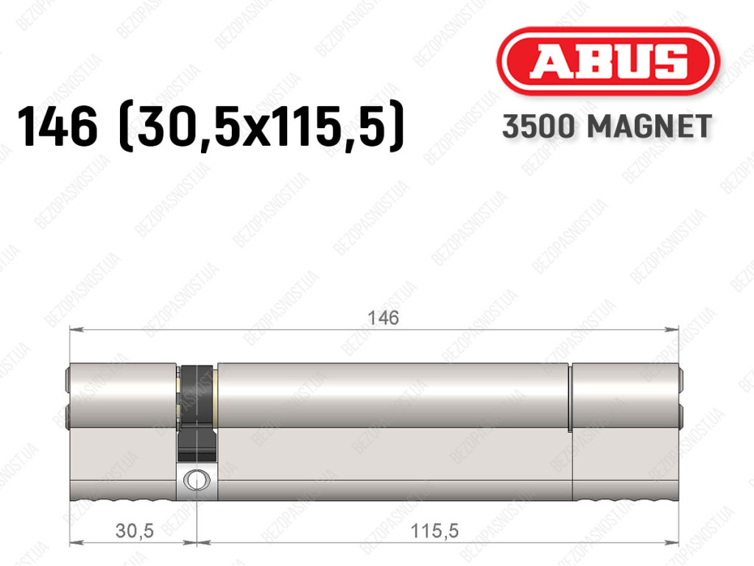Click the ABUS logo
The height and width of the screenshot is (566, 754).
607,62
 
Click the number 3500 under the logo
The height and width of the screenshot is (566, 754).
538,127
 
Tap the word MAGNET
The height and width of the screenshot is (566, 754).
649,127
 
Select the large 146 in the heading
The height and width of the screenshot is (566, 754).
57,127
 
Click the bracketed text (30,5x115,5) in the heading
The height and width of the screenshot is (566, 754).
261,127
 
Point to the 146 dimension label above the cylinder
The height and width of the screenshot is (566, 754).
383,318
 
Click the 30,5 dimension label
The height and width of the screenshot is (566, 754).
135,531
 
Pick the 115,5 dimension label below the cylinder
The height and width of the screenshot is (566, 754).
434,531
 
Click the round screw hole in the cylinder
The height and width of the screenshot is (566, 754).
197,479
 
